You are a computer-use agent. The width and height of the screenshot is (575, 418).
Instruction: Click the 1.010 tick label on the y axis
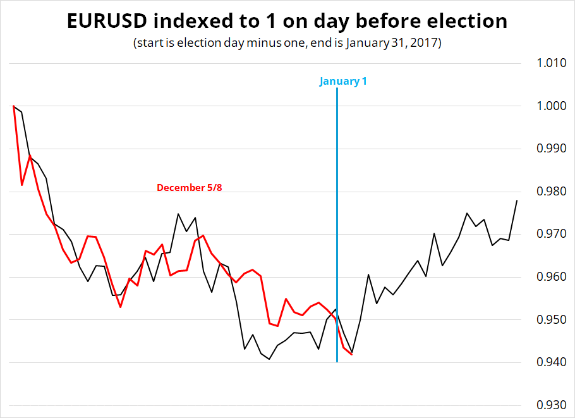pos(552,63)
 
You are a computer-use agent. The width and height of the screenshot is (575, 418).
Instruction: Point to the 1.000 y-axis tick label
pos(552,106)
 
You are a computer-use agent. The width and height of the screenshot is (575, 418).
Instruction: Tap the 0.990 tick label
pos(552,149)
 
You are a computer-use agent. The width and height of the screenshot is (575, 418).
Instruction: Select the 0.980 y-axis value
pos(552,191)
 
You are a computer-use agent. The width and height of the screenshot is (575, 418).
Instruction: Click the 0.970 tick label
pos(552,234)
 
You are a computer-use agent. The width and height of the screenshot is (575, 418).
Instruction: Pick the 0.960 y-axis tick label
pos(552,277)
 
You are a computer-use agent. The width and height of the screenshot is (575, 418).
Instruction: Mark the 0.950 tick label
pos(552,319)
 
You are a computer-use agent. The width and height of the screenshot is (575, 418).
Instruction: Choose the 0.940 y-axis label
pos(552,362)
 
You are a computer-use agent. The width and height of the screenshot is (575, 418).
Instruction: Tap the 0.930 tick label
pos(552,405)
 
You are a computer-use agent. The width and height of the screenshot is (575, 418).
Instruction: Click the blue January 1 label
pos(343,81)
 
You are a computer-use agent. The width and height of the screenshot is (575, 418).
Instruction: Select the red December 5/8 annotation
pos(189,188)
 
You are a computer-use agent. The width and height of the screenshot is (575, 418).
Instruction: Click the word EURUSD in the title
pos(107,21)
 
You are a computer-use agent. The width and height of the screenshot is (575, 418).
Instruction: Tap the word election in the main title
pos(467,21)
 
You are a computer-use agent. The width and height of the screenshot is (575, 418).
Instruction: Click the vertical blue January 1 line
pos(337,225)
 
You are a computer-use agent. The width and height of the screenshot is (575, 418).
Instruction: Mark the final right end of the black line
pos(517,200)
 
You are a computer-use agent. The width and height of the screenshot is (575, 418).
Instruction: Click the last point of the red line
pos(352,355)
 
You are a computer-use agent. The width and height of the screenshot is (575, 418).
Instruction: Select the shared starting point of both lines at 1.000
pos(13,106)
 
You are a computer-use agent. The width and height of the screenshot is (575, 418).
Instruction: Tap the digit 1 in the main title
pos(270,21)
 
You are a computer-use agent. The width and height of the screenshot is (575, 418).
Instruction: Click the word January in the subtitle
pos(366,43)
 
